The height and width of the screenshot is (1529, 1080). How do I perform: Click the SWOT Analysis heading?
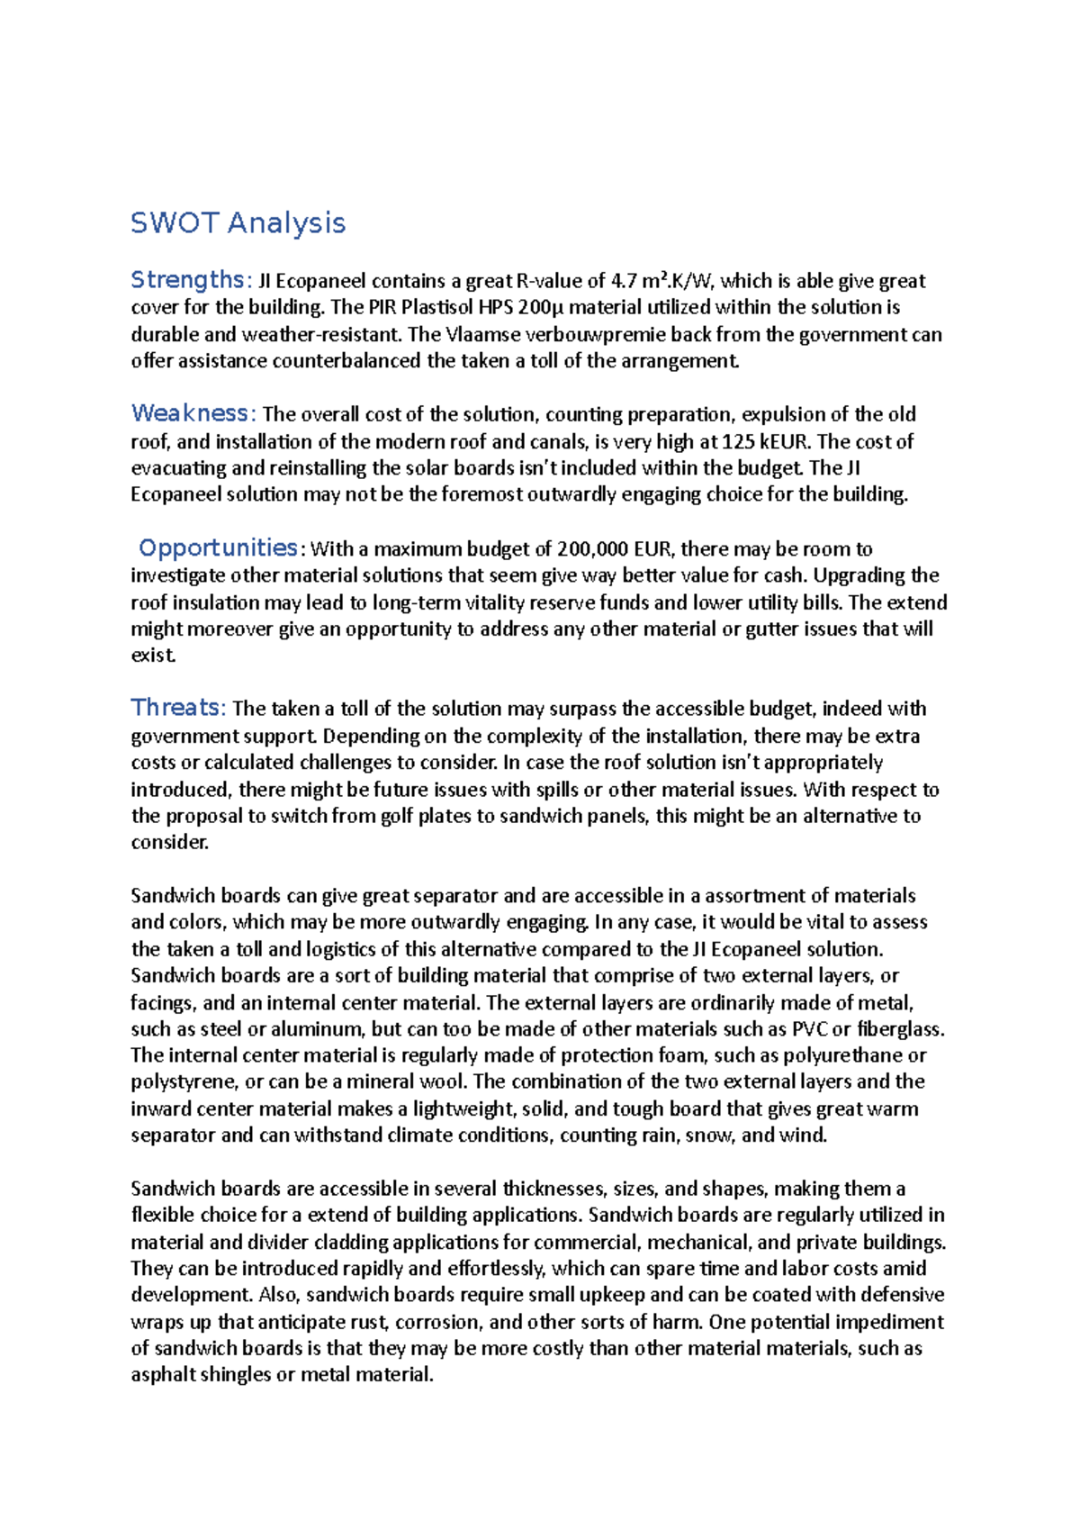[238, 222]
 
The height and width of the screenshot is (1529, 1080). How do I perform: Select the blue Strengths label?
[187, 280]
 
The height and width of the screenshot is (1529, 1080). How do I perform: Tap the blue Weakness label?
[191, 413]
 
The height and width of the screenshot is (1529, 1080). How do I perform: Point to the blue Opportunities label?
[218, 547]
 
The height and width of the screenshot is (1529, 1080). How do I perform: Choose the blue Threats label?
[175, 708]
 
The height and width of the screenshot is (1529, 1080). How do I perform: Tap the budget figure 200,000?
[593, 548]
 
